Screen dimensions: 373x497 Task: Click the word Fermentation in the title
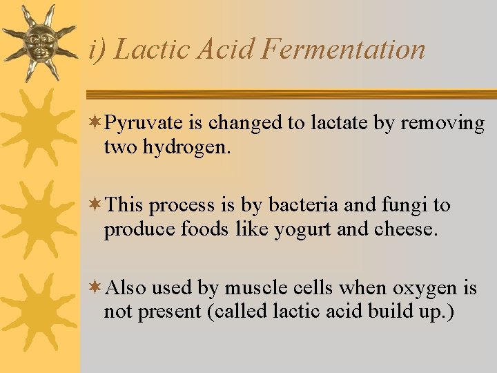click(x=344, y=50)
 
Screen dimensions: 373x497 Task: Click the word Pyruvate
click(x=145, y=124)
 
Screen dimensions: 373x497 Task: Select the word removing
click(x=442, y=124)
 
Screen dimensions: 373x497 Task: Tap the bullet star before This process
click(x=97, y=204)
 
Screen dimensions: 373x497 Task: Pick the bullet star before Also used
click(x=97, y=287)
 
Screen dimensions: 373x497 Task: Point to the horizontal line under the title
click(x=290, y=94)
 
